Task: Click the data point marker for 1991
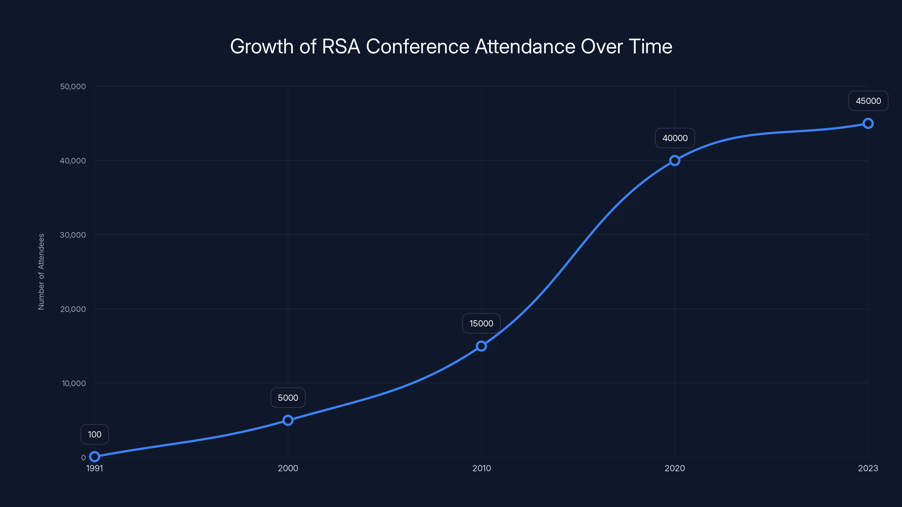pos(94,456)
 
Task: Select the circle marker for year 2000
pos(288,420)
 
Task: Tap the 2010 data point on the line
pos(481,346)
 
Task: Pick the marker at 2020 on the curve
pos(675,161)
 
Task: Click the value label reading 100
pos(94,434)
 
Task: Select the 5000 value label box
pos(288,398)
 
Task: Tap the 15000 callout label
pos(481,323)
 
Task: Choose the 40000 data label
pos(675,138)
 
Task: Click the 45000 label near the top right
pos(868,101)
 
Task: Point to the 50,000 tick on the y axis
pos(73,86)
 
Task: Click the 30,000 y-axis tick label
pos(73,235)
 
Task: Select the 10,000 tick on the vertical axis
pos(74,383)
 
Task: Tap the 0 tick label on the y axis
pos(83,457)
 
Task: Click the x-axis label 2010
pos(481,468)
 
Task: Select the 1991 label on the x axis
pos(94,468)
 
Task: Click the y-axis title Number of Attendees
pos(41,272)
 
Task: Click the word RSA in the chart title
pos(341,46)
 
